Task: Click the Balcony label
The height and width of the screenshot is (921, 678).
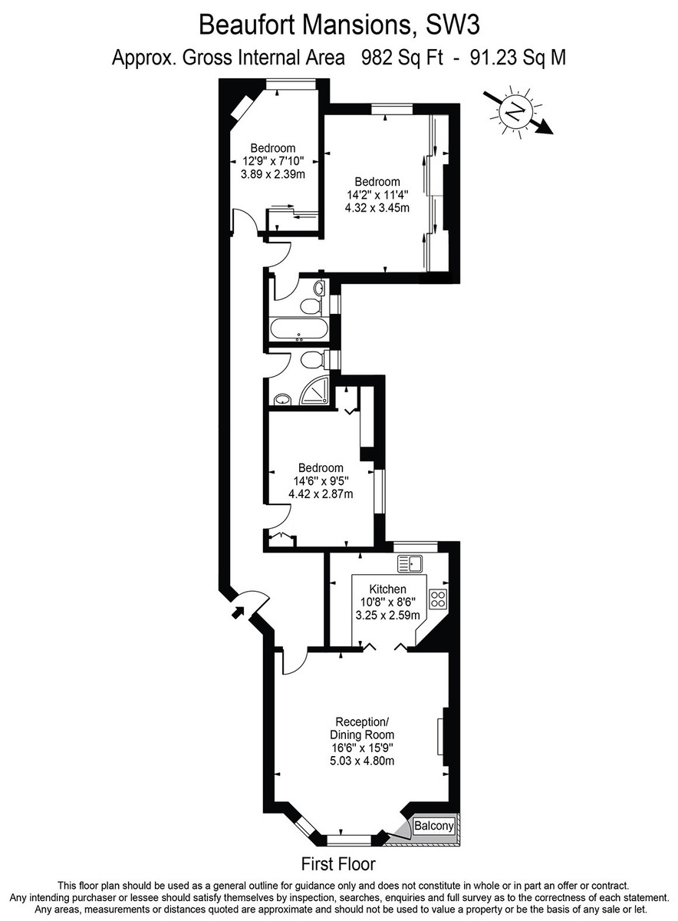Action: (x=434, y=826)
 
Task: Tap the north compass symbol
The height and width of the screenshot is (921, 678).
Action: (x=516, y=112)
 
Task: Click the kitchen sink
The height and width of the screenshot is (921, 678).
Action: (x=411, y=564)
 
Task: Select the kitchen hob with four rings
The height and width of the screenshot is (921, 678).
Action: (x=438, y=598)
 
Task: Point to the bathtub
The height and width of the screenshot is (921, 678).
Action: (x=299, y=331)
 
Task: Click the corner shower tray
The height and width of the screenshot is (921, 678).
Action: (x=317, y=392)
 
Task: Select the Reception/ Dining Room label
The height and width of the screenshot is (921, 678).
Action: (x=362, y=728)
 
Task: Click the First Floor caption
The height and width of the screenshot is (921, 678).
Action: (x=338, y=864)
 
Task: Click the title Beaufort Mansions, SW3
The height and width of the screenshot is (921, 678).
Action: (x=339, y=25)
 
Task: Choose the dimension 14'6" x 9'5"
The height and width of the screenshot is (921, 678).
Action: (x=321, y=481)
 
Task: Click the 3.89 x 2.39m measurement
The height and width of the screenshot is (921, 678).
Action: (x=273, y=174)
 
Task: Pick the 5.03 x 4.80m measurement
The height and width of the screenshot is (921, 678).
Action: (x=362, y=761)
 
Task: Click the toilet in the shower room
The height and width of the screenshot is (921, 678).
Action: (x=313, y=359)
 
